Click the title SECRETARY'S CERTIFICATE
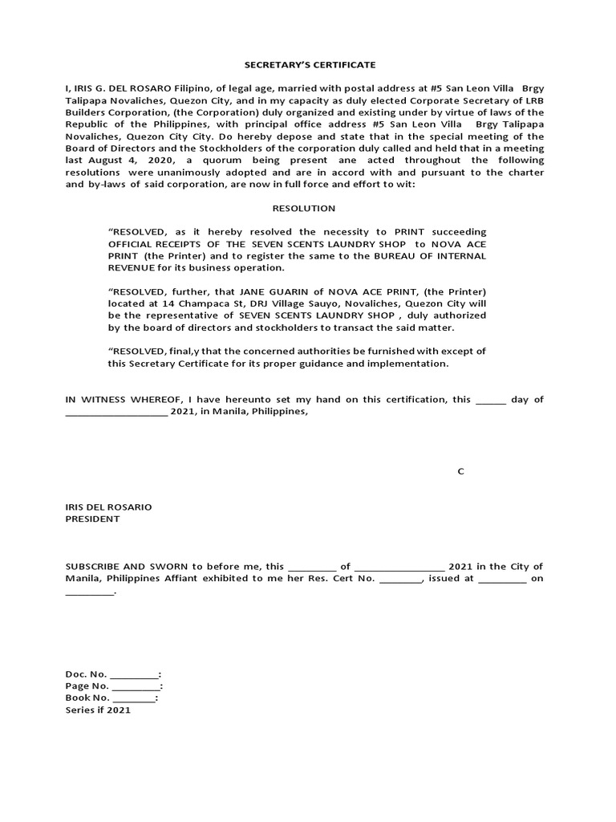(x=304, y=64)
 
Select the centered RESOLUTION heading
(x=304, y=208)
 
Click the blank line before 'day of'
(x=491, y=400)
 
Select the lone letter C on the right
(x=460, y=471)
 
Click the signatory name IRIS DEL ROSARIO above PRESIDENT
(x=108, y=507)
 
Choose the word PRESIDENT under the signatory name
(x=92, y=519)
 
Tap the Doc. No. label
(x=86, y=675)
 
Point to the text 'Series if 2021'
(x=97, y=710)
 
